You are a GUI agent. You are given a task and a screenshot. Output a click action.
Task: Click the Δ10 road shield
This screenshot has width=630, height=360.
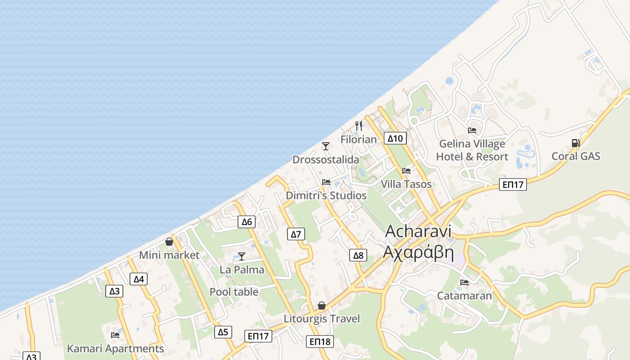pos(395,138)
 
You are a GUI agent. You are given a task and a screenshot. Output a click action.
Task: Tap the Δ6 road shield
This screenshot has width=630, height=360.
pos(247,221)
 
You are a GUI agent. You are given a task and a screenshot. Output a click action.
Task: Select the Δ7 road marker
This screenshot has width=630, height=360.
pos(296,234)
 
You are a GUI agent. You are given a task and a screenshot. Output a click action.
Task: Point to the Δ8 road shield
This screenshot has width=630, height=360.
pos(358,256)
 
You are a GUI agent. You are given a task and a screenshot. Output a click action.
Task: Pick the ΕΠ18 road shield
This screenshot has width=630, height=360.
pos(320,342)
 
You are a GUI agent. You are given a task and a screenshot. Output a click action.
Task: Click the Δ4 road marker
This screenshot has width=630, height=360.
pos(139,279)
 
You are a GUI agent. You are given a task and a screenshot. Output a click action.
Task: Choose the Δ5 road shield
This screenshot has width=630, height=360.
pos(223,332)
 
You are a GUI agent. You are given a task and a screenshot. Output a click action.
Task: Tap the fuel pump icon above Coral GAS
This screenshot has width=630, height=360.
pos(576,143)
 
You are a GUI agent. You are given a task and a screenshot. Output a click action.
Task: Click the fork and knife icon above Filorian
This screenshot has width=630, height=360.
pos(359,126)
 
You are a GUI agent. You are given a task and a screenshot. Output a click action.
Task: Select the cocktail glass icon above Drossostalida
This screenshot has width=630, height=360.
pos(326,146)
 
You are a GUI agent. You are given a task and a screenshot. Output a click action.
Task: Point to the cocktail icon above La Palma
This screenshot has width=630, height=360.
pos(242,256)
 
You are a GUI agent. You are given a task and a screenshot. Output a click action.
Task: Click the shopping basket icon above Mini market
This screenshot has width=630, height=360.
pos(169,242)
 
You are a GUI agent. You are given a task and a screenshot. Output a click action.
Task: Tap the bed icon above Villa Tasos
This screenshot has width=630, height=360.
pos(406,171)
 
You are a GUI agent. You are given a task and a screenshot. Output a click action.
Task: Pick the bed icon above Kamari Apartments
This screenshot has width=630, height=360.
pos(115,335)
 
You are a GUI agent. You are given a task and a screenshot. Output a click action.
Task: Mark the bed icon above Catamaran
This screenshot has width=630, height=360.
pos(464,283)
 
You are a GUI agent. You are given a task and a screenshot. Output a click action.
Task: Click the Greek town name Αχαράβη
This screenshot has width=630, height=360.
pos(418,252)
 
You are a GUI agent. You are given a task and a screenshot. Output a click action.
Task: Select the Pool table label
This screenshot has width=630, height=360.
pos(234,292)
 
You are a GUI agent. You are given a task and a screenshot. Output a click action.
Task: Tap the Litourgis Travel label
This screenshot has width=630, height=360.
pos(322,319)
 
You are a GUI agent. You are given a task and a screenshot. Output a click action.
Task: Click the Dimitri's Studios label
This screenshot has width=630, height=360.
pos(326,196)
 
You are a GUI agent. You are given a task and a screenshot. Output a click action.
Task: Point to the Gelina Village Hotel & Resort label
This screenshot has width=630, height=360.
pos(472,150)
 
